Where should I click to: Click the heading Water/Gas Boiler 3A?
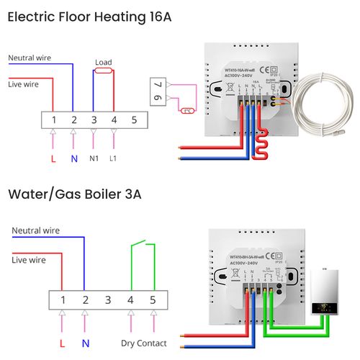pos(74,194)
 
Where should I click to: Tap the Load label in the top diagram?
pos(103,63)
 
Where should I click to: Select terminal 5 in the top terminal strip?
pos(133,118)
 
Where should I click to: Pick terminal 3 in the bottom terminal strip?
pos(107,299)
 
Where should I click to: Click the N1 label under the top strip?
pos(93,158)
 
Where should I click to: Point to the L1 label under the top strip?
pos(113,158)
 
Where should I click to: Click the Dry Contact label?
pos(143,343)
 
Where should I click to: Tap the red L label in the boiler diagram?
pos(62,343)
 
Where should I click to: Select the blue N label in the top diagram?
pos(73,158)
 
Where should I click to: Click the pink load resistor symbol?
pos(103,71)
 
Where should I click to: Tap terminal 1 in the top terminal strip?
pos(53,118)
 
